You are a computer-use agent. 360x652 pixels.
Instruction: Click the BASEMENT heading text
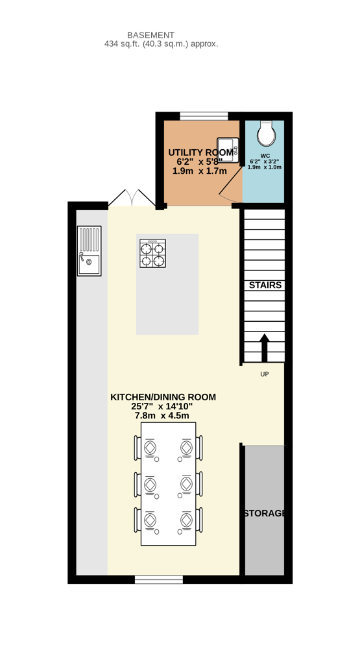pos(150,35)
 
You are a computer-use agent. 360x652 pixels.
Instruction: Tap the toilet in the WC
pos(266,134)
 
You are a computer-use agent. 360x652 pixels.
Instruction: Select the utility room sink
pos(228,150)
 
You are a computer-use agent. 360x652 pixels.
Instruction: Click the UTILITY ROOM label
pos(201,152)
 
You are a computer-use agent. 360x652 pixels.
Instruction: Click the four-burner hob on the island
pos(152,253)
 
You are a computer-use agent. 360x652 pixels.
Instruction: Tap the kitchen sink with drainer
pos(90,250)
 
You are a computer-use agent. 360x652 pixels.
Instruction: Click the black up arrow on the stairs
pos(265,348)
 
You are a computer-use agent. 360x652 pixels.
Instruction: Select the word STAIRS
pos(265,285)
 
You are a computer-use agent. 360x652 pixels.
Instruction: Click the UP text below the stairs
pos(265,374)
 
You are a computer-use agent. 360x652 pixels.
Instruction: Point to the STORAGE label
pos(265,514)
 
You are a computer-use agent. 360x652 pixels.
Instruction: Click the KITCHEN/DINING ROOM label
pos(163,397)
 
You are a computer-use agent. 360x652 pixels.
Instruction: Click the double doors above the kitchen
pos(132,198)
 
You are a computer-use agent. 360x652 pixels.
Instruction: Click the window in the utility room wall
pos(204,116)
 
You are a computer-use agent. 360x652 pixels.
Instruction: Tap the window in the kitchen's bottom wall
pos(159,579)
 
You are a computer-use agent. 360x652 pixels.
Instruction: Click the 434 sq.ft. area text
pos(162,43)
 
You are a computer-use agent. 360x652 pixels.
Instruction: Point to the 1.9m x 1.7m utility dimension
pos(200,171)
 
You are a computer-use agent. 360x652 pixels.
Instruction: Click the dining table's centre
pos(169,484)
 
